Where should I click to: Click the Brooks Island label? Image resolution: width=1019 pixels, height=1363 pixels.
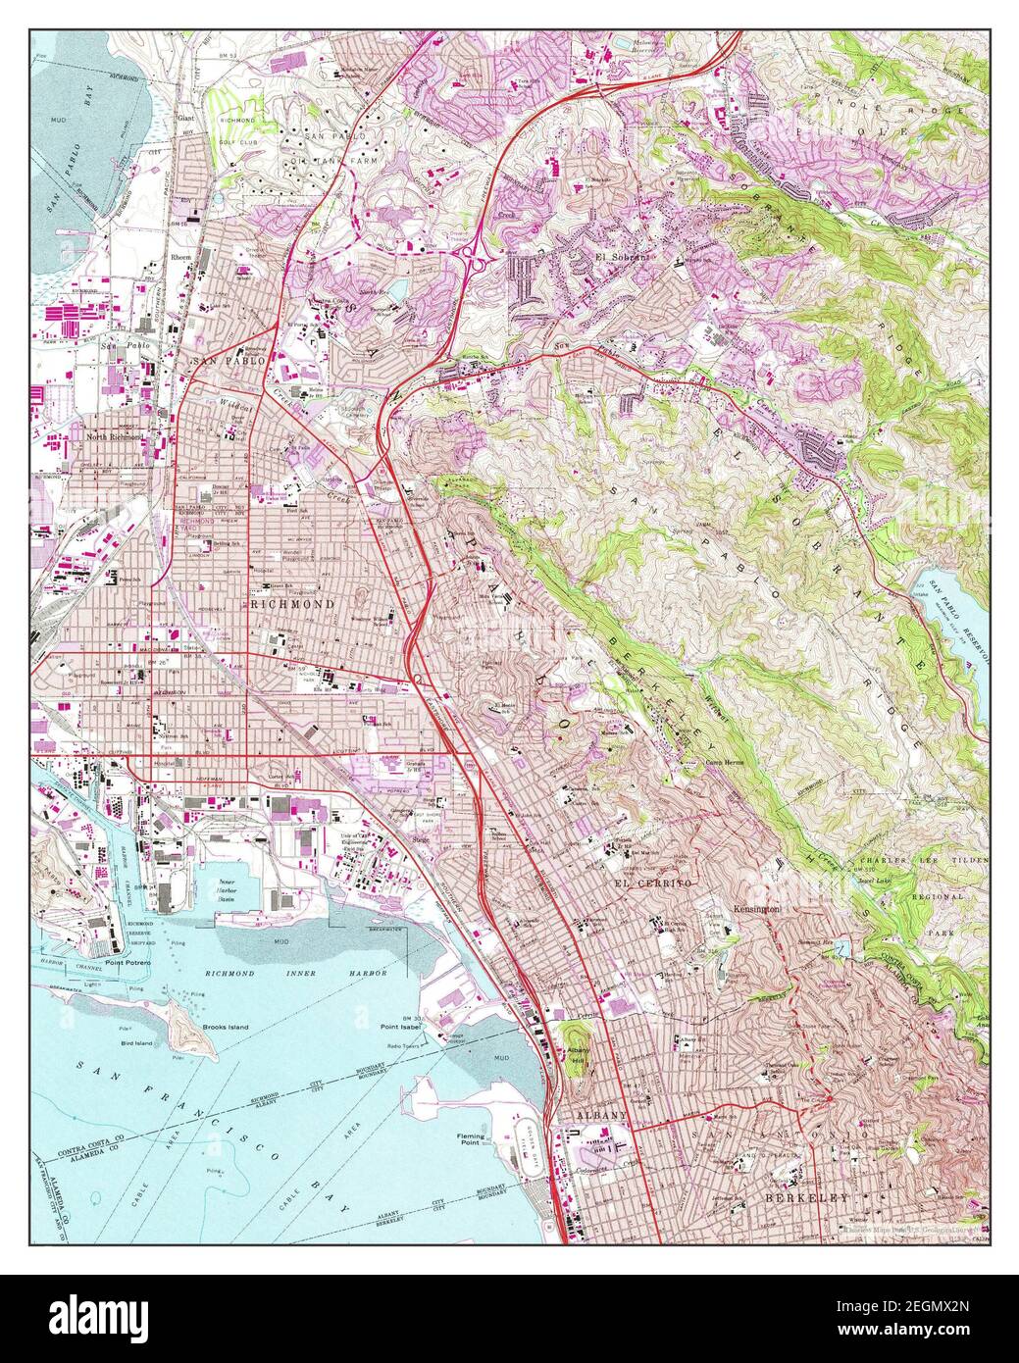pos(225,1027)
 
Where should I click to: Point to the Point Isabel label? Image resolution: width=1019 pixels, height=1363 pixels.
pos(401,1026)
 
